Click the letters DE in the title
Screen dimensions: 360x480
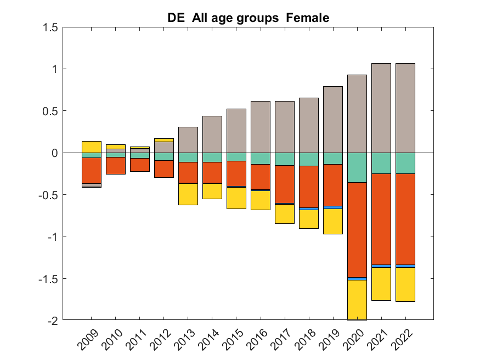[x=176, y=18]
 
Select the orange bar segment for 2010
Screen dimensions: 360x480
[x=115, y=166]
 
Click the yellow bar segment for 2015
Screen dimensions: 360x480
[x=236, y=198]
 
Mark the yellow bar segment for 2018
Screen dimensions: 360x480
[x=308, y=219]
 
